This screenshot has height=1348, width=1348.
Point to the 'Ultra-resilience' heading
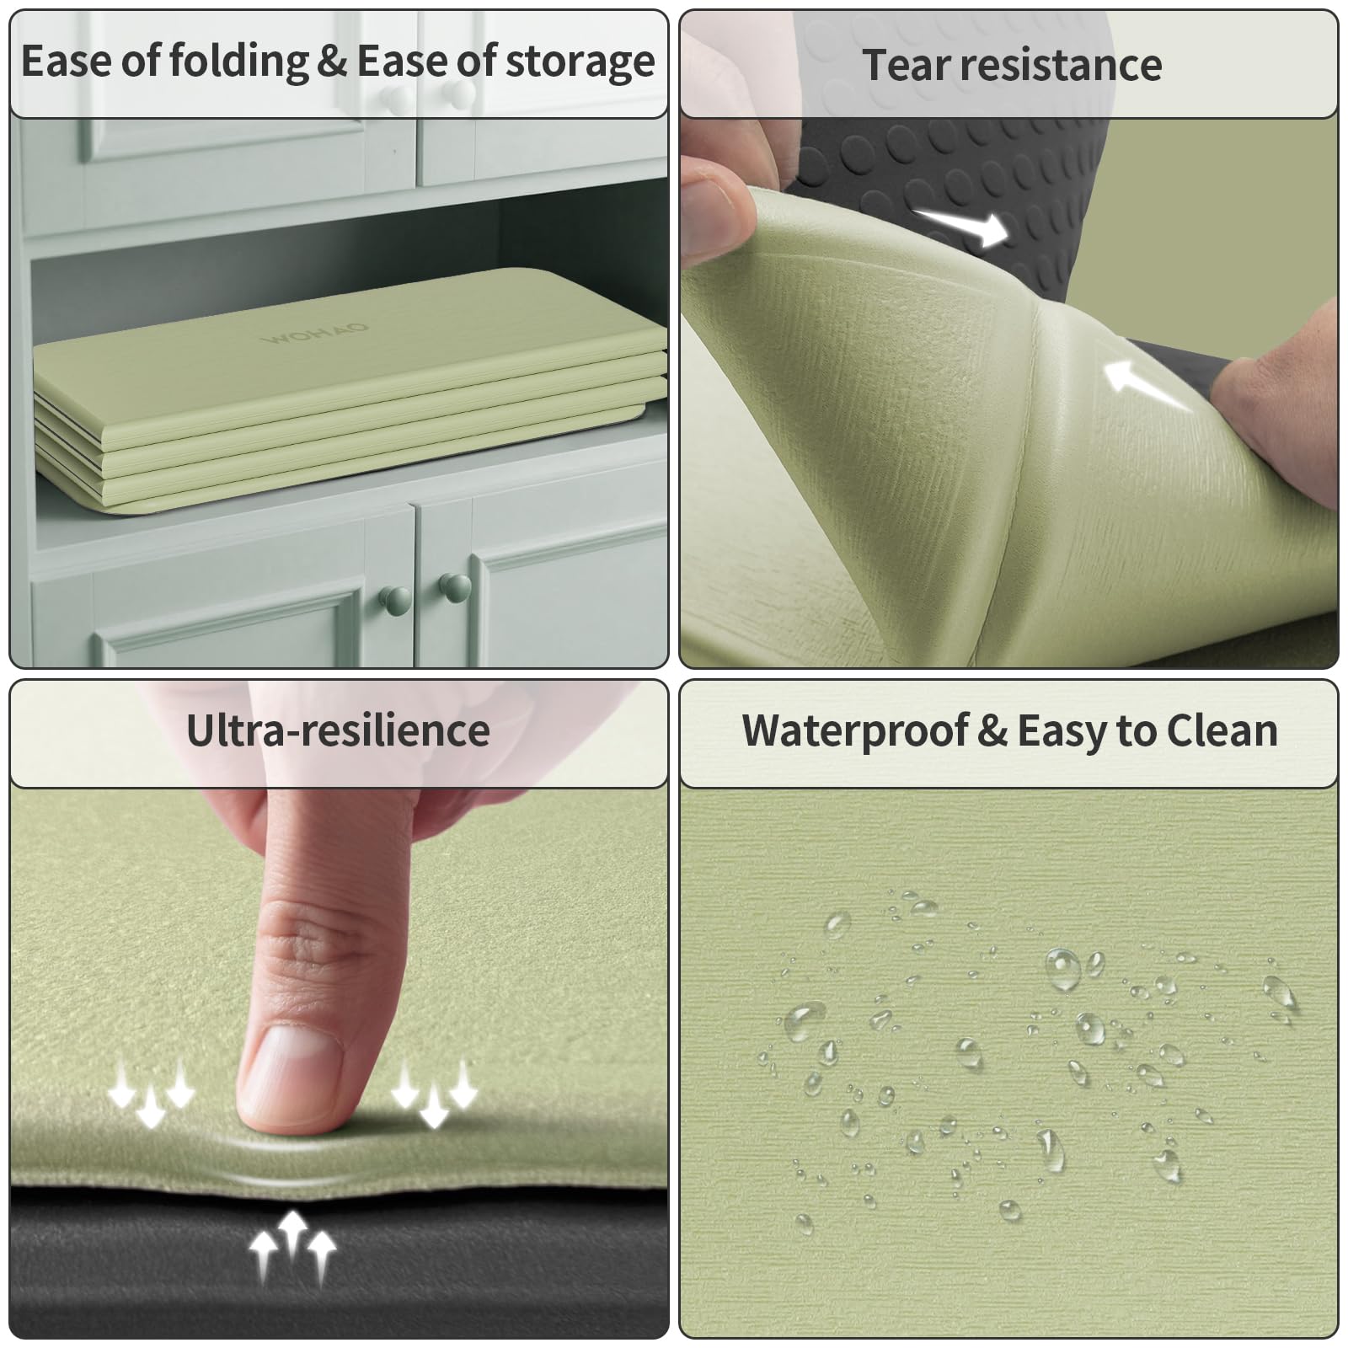[x=338, y=730]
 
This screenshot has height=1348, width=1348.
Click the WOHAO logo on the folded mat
[x=315, y=333]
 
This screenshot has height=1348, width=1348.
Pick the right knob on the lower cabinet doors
[x=455, y=587]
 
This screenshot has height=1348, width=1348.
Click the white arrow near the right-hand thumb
[x=1147, y=385]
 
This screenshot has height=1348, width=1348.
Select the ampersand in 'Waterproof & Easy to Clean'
[x=992, y=731]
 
